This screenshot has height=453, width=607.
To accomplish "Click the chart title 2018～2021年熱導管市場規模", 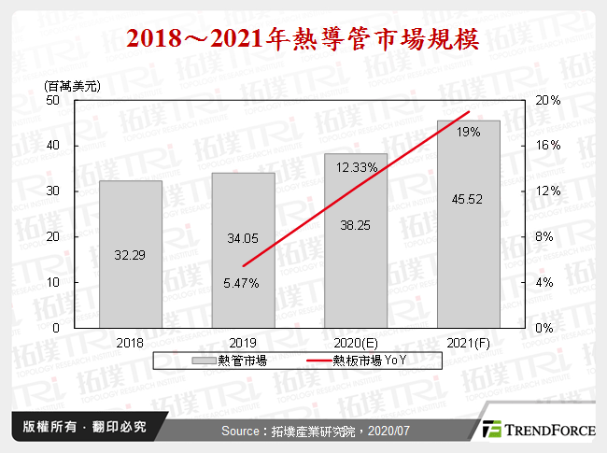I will point(303,38).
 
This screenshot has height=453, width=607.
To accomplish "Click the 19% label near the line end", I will point(469,133).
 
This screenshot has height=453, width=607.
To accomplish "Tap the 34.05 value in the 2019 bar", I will point(243,238).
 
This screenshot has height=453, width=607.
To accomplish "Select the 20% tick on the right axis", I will point(549,100).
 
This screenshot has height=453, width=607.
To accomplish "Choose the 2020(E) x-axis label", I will point(356,343).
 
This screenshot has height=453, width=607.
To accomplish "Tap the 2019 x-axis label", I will point(243,343).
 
